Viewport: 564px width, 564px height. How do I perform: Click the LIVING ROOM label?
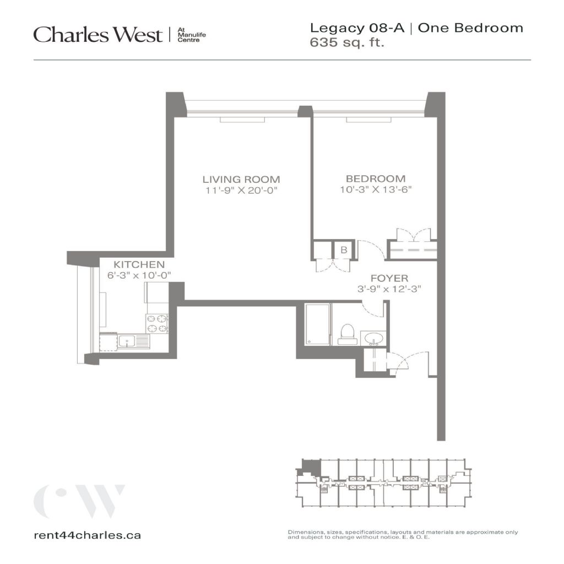click(241, 179)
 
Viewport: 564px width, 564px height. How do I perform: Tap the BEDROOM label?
click(376, 178)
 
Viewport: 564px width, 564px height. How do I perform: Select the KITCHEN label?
click(139, 264)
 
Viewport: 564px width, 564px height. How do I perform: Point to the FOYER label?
click(389, 278)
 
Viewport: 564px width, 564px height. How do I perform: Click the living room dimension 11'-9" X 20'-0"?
click(242, 190)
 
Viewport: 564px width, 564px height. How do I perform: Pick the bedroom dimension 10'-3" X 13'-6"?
click(376, 189)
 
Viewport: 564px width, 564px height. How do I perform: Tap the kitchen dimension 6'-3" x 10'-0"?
click(139, 275)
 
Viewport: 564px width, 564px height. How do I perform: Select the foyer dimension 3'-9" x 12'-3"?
click(389, 289)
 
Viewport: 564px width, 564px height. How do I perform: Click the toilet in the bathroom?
click(348, 334)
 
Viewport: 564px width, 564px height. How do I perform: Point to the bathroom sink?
click(373, 339)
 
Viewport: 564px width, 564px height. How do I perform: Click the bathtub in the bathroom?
click(317, 324)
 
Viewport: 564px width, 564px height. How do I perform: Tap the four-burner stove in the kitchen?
click(156, 324)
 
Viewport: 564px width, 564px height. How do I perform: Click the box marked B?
click(344, 250)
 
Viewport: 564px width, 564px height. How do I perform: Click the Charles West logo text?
click(98, 35)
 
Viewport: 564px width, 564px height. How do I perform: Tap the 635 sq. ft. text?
click(347, 42)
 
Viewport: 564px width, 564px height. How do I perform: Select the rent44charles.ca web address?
click(88, 535)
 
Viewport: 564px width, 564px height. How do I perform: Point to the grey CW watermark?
click(79, 501)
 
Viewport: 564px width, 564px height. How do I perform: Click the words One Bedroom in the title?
click(470, 28)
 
